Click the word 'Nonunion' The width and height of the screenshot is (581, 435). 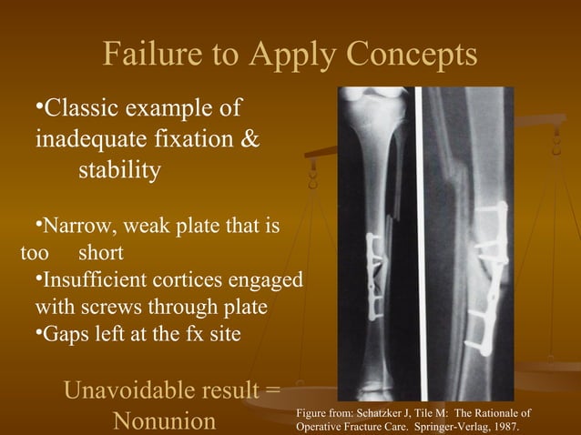[x=164, y=421]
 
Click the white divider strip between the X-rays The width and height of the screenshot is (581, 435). [x=421, y=237]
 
